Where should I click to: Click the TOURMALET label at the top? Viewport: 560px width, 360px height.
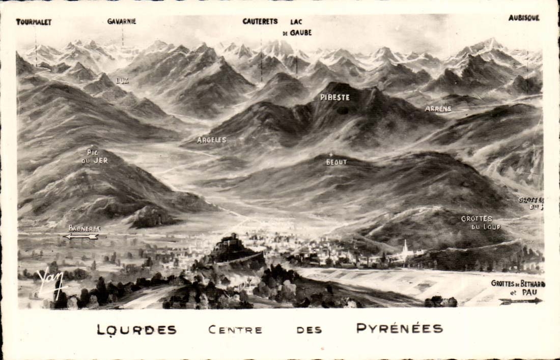(34, 22)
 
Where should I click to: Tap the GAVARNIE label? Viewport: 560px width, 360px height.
(122, 21)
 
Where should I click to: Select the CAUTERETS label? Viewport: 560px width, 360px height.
(260, 21)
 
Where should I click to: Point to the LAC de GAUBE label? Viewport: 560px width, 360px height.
(297, 27)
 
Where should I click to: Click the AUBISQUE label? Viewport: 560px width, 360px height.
(524, 18)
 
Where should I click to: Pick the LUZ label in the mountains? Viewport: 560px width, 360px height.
(123, 80)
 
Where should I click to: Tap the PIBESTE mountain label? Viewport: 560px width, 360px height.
(335, 97)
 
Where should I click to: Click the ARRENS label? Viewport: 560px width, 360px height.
(438, 109)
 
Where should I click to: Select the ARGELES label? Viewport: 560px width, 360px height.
(212, 140)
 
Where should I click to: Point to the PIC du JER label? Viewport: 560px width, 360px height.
(95, 156)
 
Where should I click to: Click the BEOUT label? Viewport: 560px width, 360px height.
(336, 162)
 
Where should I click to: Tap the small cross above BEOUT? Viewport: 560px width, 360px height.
(331, 154)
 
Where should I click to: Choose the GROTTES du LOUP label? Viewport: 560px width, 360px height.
(481, 223)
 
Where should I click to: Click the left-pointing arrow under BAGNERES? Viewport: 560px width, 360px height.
(80, 237)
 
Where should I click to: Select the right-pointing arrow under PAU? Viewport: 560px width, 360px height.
(521, 301)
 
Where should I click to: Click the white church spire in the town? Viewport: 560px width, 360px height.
(405, 247)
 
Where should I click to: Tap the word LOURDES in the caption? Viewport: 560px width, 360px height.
(136, 329)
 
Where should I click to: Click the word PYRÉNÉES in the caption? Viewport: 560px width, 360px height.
(399, 328)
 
